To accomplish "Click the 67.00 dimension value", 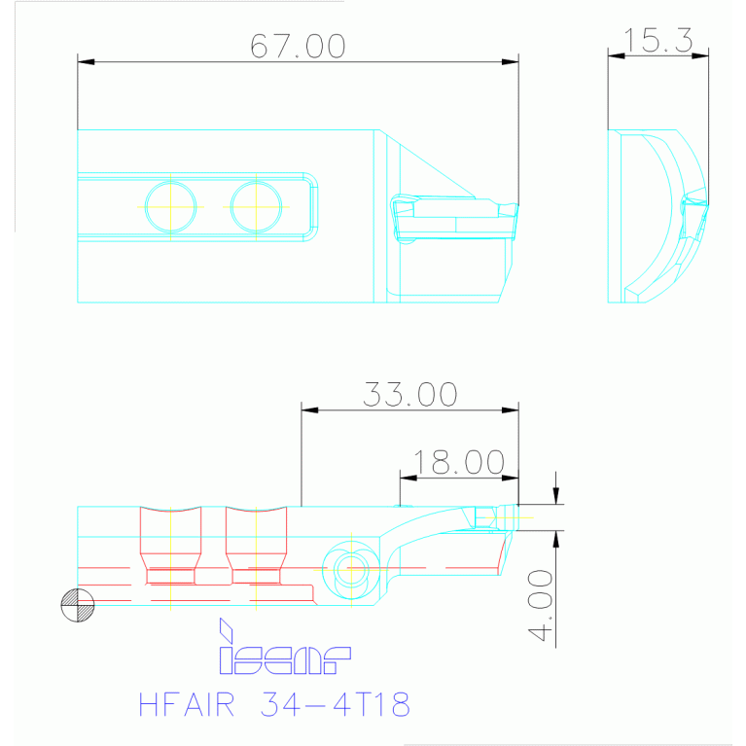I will (298, 46).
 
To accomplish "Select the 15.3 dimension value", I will (657, 40).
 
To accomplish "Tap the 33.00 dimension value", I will (409, 394).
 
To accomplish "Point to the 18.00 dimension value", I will (459, 462).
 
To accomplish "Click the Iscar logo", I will (283, 651).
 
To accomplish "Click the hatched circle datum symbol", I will (78, 606).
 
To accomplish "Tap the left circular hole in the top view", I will (170, 206).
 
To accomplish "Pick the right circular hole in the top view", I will (256, 206).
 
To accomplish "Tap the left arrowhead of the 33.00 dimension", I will (310, 410).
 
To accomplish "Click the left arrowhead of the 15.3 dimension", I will (615, 55).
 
